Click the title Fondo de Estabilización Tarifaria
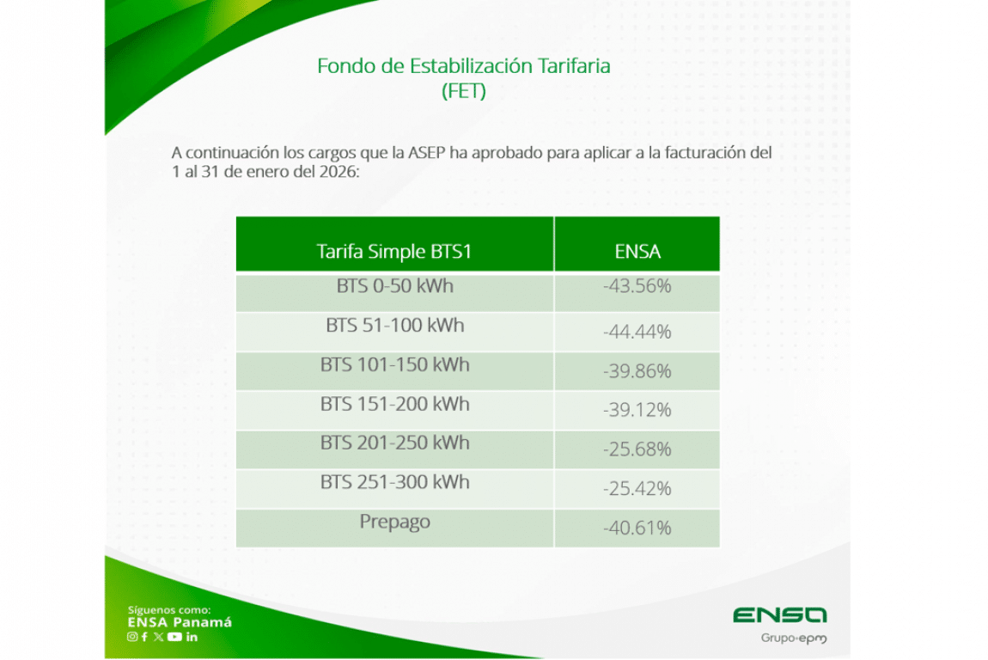[x=463, y=65]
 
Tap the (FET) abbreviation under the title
[x=464, y=91]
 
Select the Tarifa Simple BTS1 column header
[x=393, y=252]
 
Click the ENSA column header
[x=637, y=252]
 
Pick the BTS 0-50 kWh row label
[x=395, y=286]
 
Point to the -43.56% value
[x=637, y=286]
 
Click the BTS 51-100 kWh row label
[x=395, y=325]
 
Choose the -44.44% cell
[x=637, y=332]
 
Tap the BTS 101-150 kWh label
[x=395, y=365]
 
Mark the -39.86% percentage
[x=637, y=371]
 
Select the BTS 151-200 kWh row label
[x=395, y=404]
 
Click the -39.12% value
[x=637, y=411]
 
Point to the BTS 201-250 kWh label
[x=395, y=443]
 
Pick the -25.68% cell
[x=637, y=449]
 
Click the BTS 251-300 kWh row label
[x=395, y=482]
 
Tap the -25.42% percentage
[x=637, y=488]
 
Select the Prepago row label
[x=395, y=522]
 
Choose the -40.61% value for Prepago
[x=637, y=528]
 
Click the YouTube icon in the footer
[x=174, y=637]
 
